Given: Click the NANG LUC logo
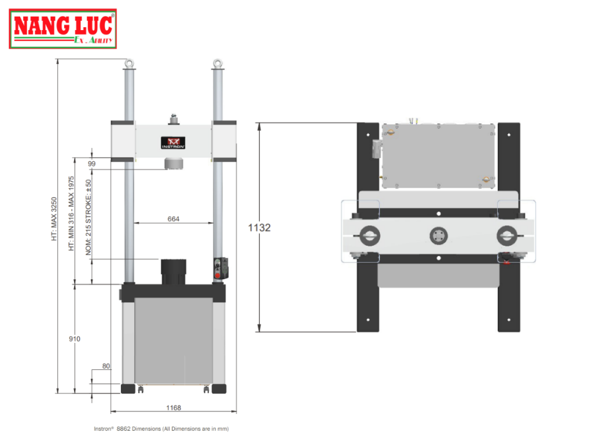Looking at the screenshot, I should (x=62, y=29).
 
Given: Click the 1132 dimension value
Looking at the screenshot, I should (x=259, y=228).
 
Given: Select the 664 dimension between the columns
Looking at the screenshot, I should (x=173, y=219).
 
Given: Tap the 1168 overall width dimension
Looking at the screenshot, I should (x=173, y=408).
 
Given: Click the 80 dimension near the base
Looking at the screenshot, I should (x=106, y=366).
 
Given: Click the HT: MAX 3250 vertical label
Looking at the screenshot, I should (x=54, y=219).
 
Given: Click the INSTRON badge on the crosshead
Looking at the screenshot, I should (x=173, y=143).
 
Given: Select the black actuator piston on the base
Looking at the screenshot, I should (x=173, y=272).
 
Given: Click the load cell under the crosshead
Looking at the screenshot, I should (x=173, y=164).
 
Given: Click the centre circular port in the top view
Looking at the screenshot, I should (x=438, y=235).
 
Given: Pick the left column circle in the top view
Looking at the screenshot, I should (x=368, y=235).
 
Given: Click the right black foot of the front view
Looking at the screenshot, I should (x=219, y=388).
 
